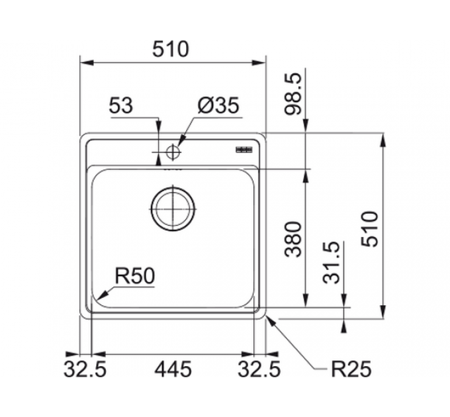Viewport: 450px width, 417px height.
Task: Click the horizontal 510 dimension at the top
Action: click(x=171, y=49)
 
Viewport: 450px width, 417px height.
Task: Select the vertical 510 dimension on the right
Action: click(x=370, y=228)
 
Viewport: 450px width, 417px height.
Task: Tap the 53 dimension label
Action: click(x=122, y=106)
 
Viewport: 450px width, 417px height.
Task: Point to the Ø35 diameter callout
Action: click(x=218, y=106)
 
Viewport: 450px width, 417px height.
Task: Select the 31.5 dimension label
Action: click(x=332, y=263)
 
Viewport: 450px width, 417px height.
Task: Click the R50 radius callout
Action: click(x=134, y=275)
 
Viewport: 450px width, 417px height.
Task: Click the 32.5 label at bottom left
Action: click(x=85, y=369)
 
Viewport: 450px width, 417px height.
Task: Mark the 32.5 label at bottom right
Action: click(x=260, y=369)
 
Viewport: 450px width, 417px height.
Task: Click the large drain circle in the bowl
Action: click(x=173, y=208)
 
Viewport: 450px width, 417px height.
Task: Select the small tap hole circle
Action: click(x=173, y=152)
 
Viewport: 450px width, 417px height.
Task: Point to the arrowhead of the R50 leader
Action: click(x=99, y=297)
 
